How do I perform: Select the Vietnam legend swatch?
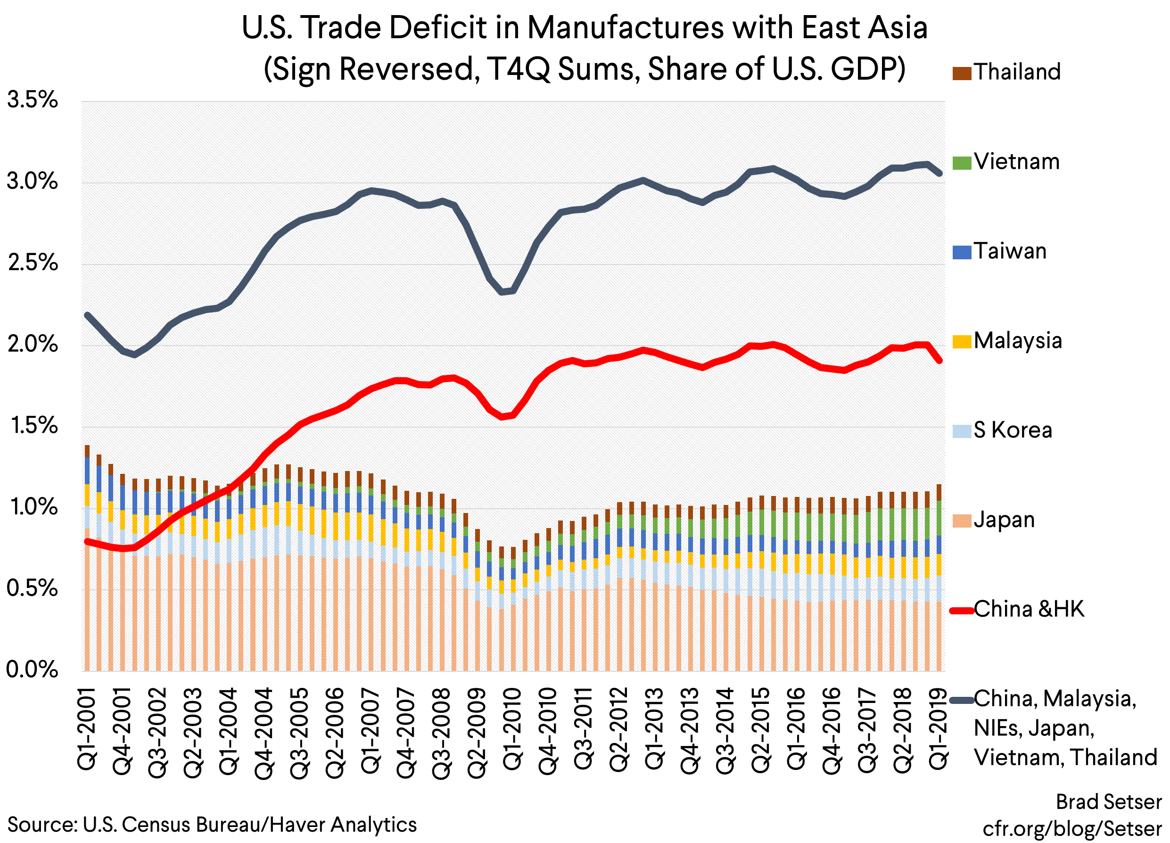click(x=962, y=163)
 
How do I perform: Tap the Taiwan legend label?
click(x=1010, y=251)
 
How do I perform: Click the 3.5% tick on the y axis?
click(x=32, y=99)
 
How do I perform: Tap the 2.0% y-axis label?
click(x=32, y=344)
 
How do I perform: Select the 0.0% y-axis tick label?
click(x=32, y=669)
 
